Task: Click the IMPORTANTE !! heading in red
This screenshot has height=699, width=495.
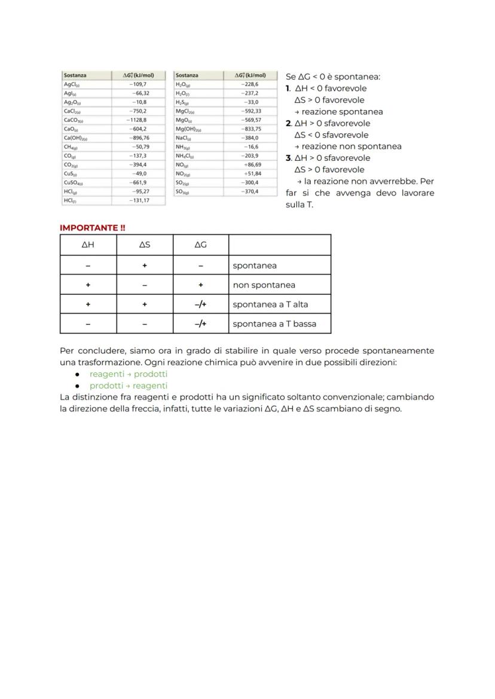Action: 93,228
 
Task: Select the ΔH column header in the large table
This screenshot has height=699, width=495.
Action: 88,245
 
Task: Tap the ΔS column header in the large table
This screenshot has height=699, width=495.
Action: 145,245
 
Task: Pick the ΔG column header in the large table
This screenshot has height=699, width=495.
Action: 201,245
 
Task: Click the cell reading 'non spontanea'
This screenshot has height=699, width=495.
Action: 264,285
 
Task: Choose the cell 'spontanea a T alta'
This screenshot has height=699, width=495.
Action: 270,304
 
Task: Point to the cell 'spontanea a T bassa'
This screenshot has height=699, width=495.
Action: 274,324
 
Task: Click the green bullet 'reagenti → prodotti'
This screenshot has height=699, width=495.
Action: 129,374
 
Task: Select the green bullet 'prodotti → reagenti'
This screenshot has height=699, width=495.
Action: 129,386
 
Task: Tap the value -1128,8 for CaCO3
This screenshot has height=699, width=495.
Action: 137,120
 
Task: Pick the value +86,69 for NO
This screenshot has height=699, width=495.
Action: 252,164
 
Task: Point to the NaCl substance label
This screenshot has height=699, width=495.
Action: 183,138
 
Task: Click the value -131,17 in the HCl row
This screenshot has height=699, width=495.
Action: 139,200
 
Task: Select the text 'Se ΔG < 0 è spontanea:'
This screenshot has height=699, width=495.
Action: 333,77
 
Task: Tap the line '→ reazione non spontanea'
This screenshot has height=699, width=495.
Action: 347,146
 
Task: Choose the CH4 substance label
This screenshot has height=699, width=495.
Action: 71,146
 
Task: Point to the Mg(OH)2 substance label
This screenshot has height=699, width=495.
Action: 188,129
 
